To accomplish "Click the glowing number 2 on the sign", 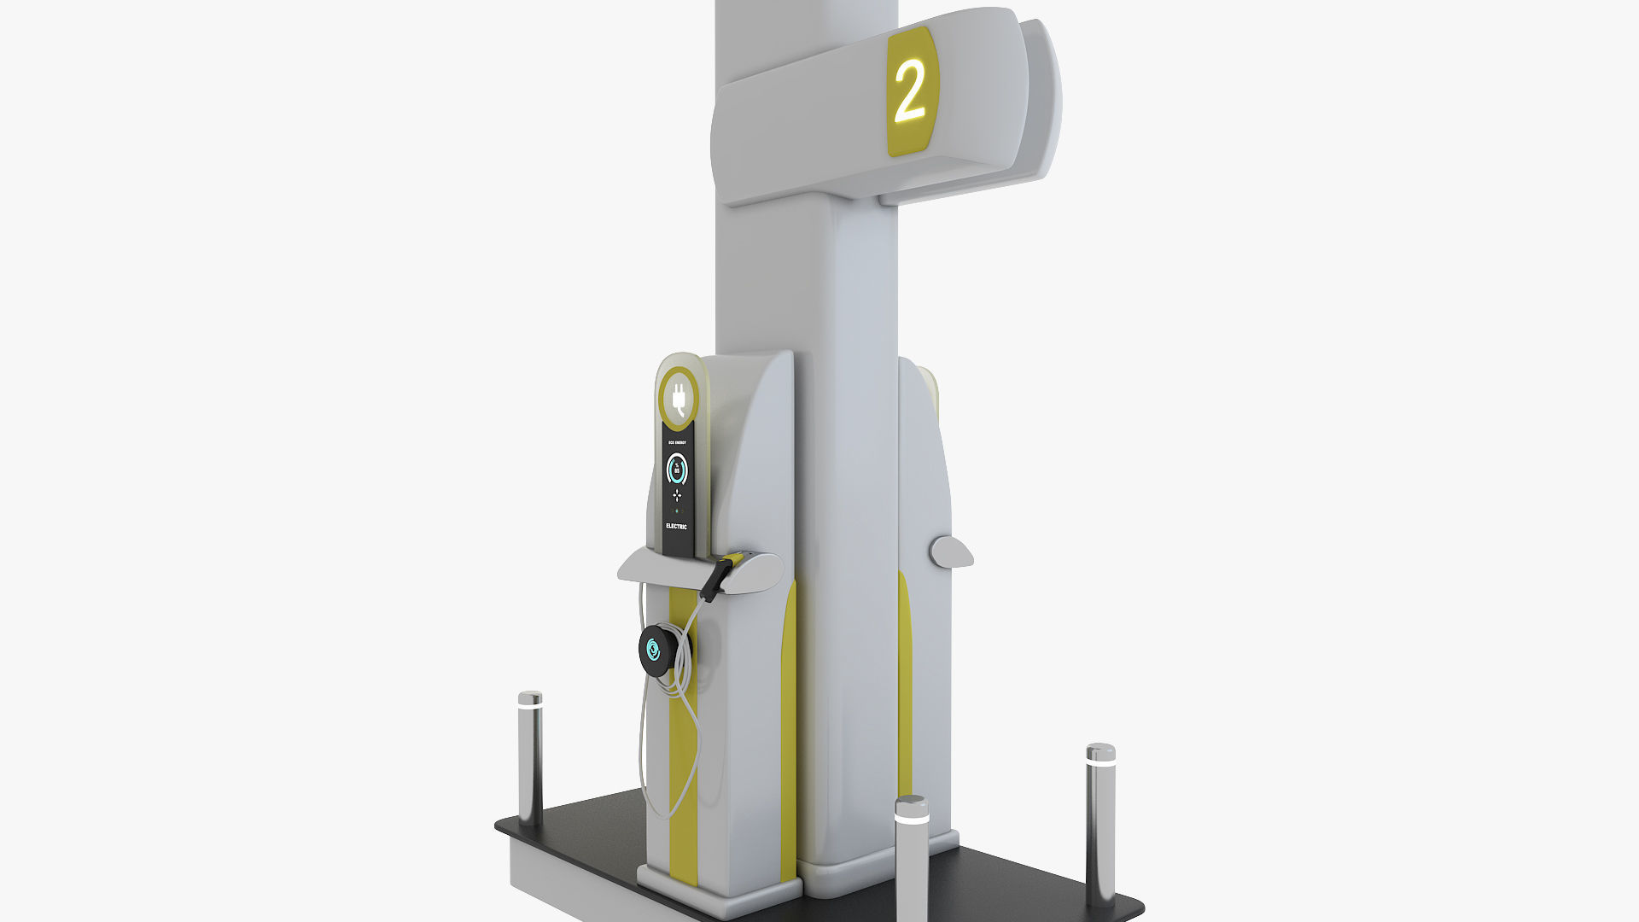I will [x=909, y=90].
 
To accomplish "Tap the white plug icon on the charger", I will [x=680, y=399].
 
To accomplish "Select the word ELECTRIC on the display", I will [x=676, y=527].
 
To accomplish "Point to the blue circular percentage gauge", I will [x=676, y=469].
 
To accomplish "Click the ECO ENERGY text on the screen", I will [x=676, y=443].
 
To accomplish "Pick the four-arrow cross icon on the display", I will [x=676, y=494].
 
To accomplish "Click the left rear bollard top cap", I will [x=530, y=698].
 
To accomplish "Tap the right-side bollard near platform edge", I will [x=1099, y=820].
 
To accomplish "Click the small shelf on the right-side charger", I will [x=952, y=551].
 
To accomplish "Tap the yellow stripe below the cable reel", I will [x=683, y=768].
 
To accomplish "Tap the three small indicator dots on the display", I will [x=676, y=511].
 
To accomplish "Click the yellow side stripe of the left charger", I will [x=789, y=726].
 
